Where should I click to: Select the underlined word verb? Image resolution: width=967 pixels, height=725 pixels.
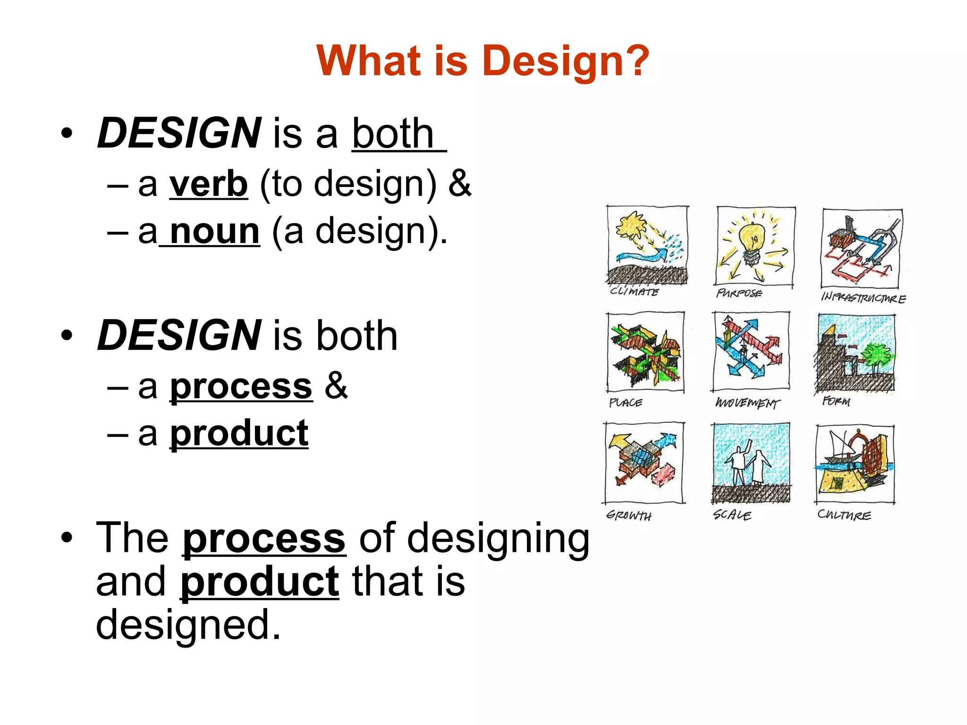208,184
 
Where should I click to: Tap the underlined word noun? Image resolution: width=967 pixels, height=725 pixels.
214,231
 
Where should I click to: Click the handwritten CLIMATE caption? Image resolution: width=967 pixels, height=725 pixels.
634,291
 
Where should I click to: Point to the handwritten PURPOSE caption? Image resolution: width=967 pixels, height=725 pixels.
739,293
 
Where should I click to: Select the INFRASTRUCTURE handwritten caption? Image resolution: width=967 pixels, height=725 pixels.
863,297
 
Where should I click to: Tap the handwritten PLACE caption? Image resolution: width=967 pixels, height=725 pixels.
625,403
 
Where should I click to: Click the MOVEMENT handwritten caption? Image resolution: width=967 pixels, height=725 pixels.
747,403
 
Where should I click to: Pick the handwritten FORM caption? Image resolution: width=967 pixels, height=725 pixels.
836,401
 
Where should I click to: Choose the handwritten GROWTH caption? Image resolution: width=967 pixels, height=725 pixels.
629,515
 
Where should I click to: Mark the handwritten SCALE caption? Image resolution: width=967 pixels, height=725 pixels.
732,514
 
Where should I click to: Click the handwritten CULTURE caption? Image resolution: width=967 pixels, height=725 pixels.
844,514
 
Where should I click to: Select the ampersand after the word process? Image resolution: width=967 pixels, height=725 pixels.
336,386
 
